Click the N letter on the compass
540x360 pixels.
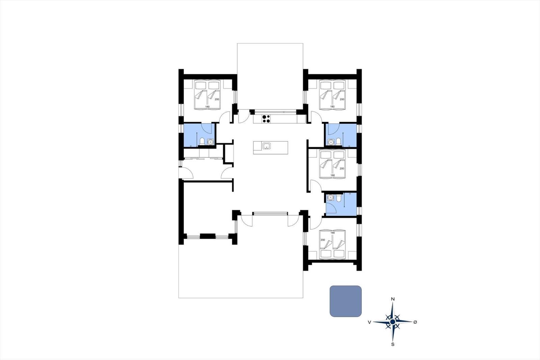click(393, 299)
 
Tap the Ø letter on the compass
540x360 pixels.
click(415, 322)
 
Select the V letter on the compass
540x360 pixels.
click(369, 323)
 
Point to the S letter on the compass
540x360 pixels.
click(393, 344)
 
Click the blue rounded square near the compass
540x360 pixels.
click(346, 301)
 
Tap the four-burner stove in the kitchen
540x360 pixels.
click(266, 119)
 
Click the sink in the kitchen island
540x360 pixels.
click(266, 146)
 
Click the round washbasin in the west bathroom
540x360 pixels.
click(210, 142)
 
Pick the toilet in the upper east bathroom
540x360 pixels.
click(338, 141)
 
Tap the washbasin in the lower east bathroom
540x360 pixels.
click(330, 198)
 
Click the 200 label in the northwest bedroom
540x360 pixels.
click(217, 99)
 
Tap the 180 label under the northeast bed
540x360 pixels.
click(332, 107)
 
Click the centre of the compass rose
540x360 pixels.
click(393, 322)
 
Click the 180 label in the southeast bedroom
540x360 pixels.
click(332, 233)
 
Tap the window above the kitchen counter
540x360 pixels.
click(275, 111)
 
